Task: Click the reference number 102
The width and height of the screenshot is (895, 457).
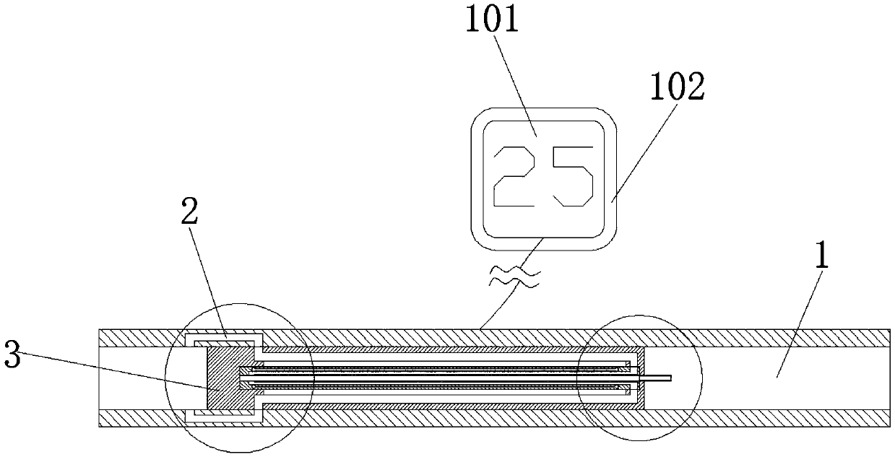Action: pos(676,87)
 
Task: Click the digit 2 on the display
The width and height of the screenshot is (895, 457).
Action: pos(518,175)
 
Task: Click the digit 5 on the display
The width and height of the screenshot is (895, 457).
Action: pos(571,175)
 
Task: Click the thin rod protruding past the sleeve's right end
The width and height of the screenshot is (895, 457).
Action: pos(658,377)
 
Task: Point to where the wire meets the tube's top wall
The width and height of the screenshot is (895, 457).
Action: pos(480,328)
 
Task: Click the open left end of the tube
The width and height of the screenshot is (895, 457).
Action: pos(101,377)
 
